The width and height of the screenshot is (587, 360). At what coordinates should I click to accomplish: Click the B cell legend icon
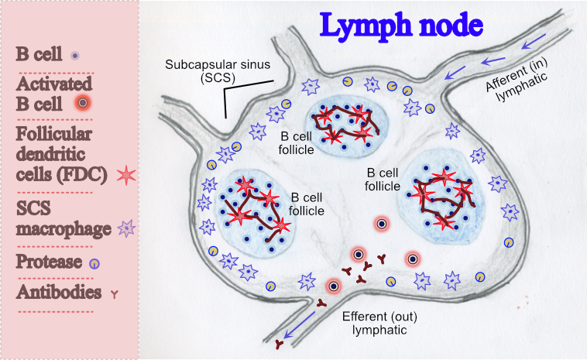(x=74, y=56)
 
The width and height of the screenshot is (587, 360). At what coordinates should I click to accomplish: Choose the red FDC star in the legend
(x=126, y=174)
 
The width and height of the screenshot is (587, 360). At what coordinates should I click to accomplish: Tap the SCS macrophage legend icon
(x=126, y=228)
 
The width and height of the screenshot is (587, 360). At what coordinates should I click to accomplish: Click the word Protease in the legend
(x=50, y=262)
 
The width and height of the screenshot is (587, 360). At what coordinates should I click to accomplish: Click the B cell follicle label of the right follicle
(x=383, y=179)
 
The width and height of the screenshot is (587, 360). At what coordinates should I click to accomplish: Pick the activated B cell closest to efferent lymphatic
(x=333, y=286)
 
